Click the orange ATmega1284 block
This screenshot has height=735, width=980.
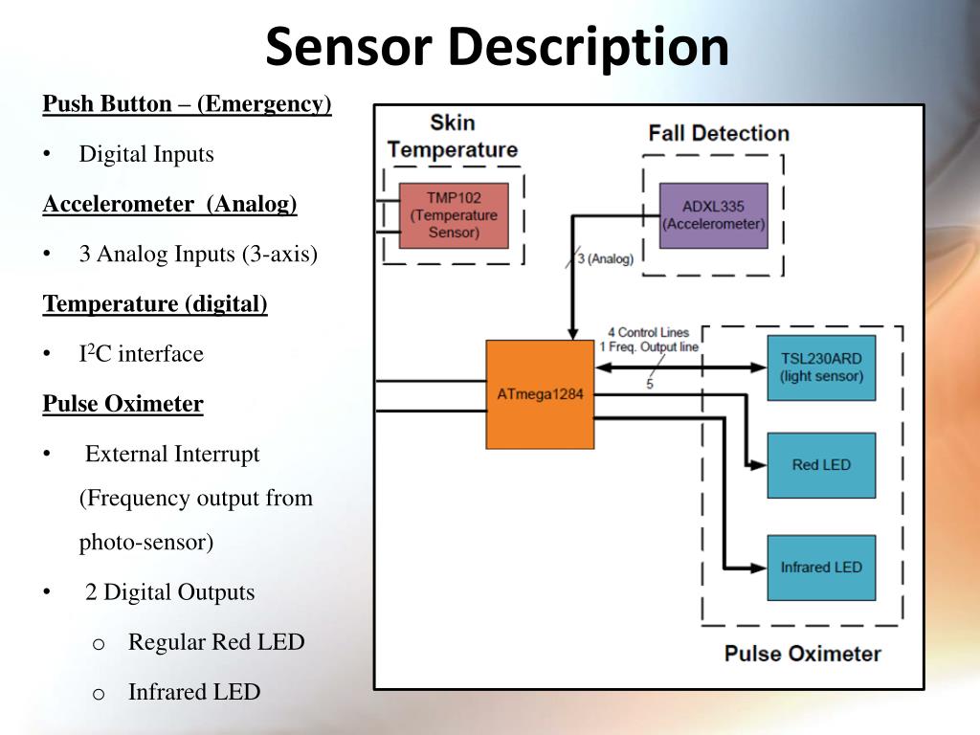[540, 394]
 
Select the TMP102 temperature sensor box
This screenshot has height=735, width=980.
[454, 215]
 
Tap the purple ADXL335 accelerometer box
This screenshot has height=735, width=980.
[713, 215]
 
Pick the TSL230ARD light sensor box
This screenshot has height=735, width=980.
[820, 367]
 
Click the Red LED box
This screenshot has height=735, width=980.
[820, 465]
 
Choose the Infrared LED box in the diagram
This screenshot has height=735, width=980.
[820, 568]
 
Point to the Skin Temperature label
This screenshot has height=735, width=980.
[452, 136]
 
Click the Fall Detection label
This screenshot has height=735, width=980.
[718, 133]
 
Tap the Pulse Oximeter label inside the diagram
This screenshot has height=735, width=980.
[802, 654]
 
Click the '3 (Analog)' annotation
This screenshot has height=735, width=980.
[605, 258]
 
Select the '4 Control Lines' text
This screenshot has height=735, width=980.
[648, 333]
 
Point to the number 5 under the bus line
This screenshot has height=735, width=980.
[649, 385]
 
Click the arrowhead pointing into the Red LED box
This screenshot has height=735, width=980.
[760, 465]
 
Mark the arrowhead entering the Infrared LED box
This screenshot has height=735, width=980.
[760, 567]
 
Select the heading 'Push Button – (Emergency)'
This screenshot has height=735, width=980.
[187, 104]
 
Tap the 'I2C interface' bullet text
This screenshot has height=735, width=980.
[141, 354]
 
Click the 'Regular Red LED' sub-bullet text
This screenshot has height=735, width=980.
[215, 642]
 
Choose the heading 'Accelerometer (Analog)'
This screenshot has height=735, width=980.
[169, 204]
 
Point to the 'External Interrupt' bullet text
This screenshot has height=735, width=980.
[172, 454]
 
